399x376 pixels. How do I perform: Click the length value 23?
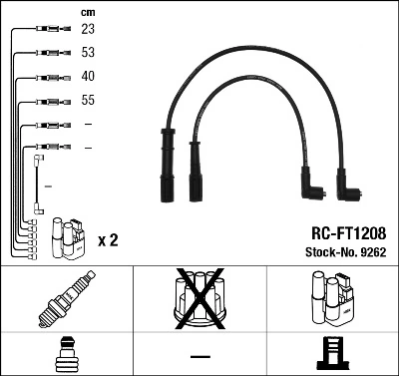88,30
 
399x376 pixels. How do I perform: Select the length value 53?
88,53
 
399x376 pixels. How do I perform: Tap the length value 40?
88,76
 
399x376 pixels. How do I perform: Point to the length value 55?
88,100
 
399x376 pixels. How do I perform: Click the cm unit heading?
88,12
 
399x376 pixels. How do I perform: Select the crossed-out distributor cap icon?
199,300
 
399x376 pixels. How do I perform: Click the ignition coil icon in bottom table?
332,300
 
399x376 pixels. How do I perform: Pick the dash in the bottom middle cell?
199,356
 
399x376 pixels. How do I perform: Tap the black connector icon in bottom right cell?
332,355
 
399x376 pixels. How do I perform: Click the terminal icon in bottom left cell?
67,355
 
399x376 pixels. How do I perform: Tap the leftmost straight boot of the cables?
164,164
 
